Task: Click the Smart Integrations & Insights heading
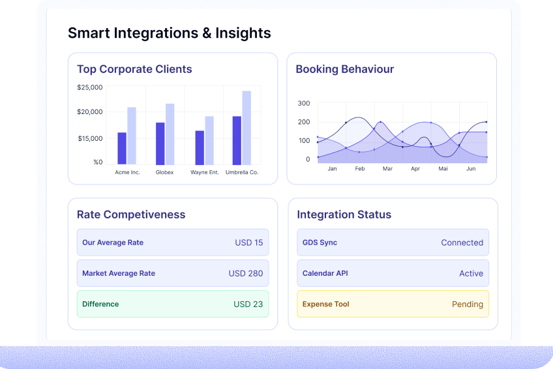pyautogui.click(x=169, y=33)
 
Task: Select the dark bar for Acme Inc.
pyautogui.click(x=122, y=148)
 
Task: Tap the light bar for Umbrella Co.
pyautogui.click(x=247, y=128)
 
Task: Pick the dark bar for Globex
pyautogui.click(x=160, y=143)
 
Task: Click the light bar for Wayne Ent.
pyautogui.click(x=209, y=140)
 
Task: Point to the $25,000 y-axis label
pyautogui.click(x=90, y=87)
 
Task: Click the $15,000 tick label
pyautogui.click(x=90, y=138)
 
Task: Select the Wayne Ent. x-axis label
pyautogui.click(x=204, y=173)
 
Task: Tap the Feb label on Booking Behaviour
pyautogui.click(x=359, y=169)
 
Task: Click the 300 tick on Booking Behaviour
pyautogui.click(x=304, y=103)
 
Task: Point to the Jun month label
pyautogui.click(x=471, y=169)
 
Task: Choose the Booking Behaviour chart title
pyautogui.click(x=344, y=69)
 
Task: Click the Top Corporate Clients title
pyautogui.click(x=134, y=69)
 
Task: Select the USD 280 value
pyautogui.click(x=246, y=273)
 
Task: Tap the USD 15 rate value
pyautogui.click(x=248, y=243)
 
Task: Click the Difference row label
pyautogui.click(x=100, y=304)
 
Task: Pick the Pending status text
pyautogui.click(x=467, y=304)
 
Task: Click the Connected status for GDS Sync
pyautogui.click(x=462, y=243)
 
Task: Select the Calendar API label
pyautogui.click(x=325, y=273)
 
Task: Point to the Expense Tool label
pyautogui.click(x=325, y=304)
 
